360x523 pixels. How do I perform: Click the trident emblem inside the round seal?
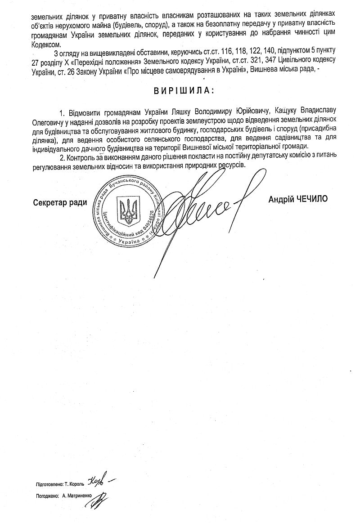[x=128, y=210]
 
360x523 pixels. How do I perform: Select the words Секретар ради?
[x=60, y=202]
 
